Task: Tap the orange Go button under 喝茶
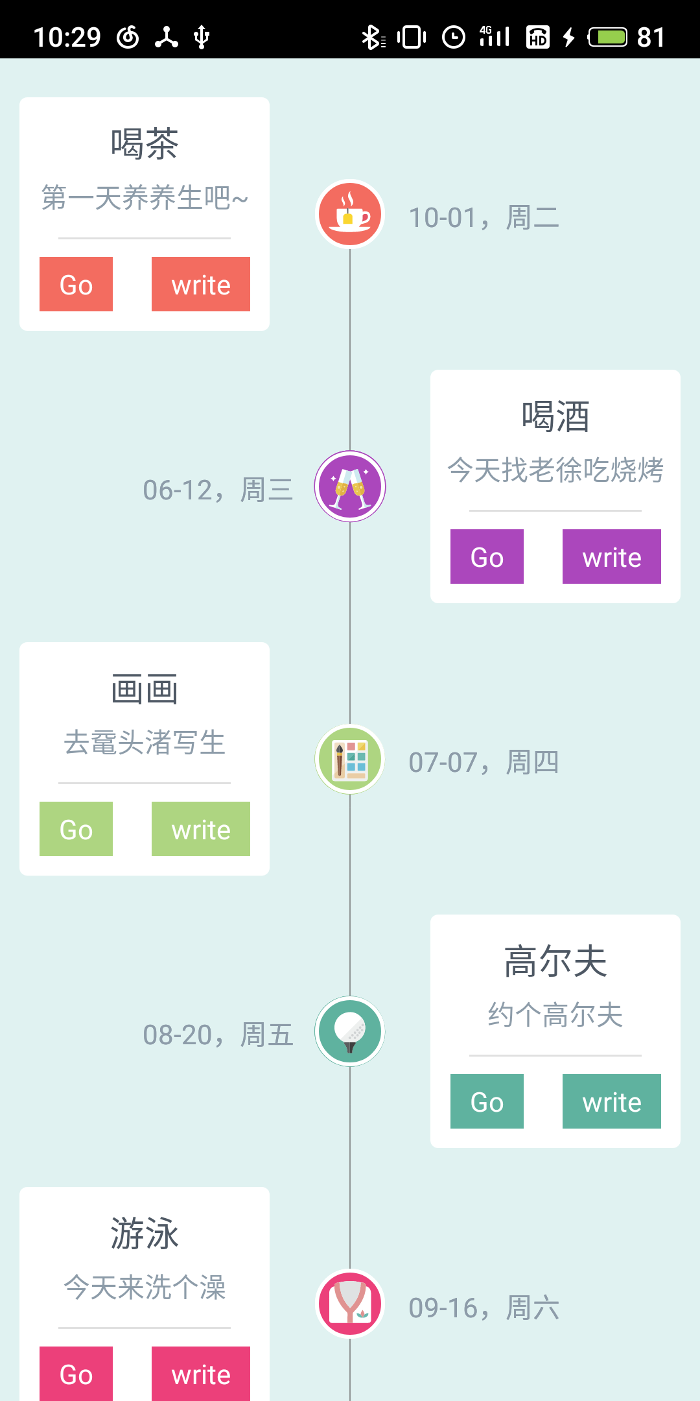pos(76,284)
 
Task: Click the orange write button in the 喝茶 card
pos(201,284)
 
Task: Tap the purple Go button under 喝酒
pos(487,557)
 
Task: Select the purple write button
pos(611,557)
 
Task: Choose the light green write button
pos(201,829)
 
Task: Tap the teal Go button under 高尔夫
pos(487,1101)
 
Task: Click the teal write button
pos(611,1101)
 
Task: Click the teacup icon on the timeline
pos(350,214)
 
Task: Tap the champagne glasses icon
pos(350,486)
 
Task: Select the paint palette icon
pos(350,759)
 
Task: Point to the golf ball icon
pos(350,1031)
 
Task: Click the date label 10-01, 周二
pos(484,217)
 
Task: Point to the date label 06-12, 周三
pos(218,490)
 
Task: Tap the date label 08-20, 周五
pos(218,1035)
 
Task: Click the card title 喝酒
pos(555,416)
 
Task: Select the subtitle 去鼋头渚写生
pos(145,743)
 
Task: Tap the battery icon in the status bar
pos(608,37)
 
